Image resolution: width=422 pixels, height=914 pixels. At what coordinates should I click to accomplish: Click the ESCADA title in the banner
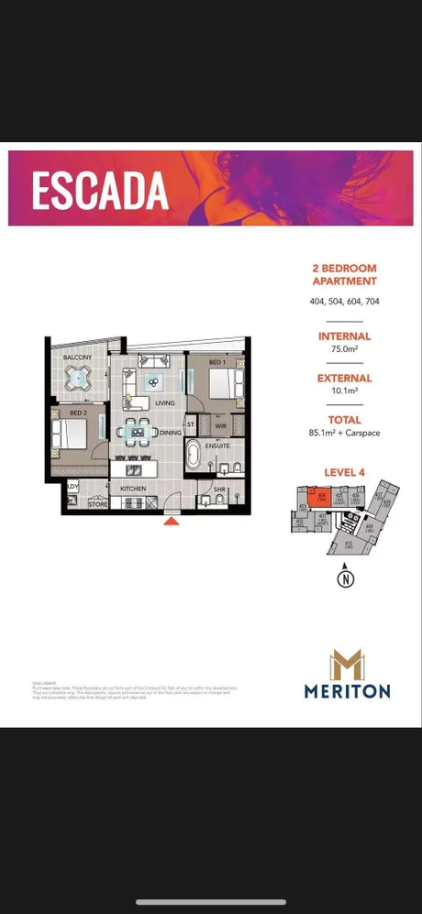click(x=100, y=190)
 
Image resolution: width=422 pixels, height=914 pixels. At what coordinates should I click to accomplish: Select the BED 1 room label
click(x=217, y=363)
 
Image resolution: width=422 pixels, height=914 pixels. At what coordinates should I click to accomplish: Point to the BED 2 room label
click(x=77, y=413)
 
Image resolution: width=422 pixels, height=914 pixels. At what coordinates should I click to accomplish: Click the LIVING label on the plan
click(x=165, y=402)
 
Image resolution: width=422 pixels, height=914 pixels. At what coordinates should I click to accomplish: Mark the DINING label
click(x=170, y=432)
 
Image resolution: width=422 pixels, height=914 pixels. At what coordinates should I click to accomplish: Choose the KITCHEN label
click(x=133, y=489)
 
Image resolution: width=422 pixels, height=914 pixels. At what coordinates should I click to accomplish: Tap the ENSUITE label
click(x=218, y=445)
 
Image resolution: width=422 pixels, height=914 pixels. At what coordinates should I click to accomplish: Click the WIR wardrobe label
click(x=220, y=424)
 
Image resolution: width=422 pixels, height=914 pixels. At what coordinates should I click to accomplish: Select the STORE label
click(x=97, y=504)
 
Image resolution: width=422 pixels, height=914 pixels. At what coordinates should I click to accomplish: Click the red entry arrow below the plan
click(x=171, y=523)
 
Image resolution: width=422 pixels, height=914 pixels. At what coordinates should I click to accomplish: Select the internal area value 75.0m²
click(x=344, y=349)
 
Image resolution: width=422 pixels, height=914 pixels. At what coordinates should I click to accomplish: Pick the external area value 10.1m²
click(x=344, y=391)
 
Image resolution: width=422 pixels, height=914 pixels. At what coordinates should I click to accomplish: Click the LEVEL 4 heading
click(x=344, y=472)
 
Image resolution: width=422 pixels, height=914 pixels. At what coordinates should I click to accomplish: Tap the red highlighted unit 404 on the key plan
click(x=322, y=498)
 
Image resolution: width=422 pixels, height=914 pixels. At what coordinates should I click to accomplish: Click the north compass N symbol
click(x=345, y=578)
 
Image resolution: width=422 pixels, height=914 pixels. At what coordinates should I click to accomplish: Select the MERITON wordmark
click(x=348, y=691)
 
